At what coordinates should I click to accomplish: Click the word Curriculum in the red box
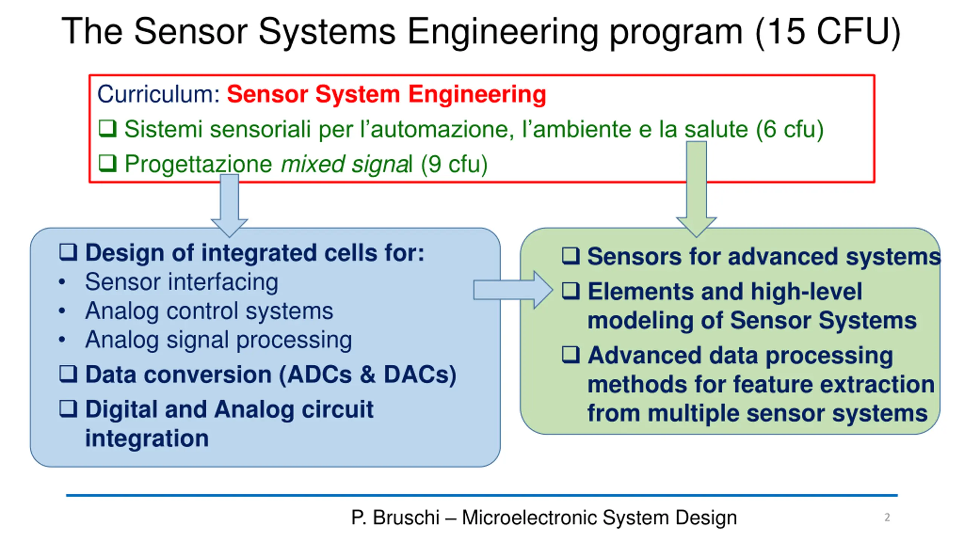[159, 94]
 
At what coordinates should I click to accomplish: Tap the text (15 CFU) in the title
[828, 32]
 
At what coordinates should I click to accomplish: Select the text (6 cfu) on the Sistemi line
[790, 129]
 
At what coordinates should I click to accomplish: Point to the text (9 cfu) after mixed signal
[454, 164]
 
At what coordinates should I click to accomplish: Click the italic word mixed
[312, 164]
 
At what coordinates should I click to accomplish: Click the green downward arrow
[696, 189]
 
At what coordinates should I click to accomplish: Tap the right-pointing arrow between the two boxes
[513, 290]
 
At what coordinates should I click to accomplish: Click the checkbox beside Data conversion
[68, 374]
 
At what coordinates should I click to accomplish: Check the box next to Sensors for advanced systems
[570, 256]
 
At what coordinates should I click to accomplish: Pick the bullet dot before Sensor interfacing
[62, 282]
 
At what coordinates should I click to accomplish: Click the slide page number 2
[887, 517]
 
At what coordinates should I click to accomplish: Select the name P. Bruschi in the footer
[395, 517]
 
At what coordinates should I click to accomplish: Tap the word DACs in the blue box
[420, 375]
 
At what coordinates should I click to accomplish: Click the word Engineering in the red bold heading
[477, 94]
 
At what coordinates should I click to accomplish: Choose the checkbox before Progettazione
[107, 163]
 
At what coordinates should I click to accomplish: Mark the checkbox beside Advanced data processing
[570, 354]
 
